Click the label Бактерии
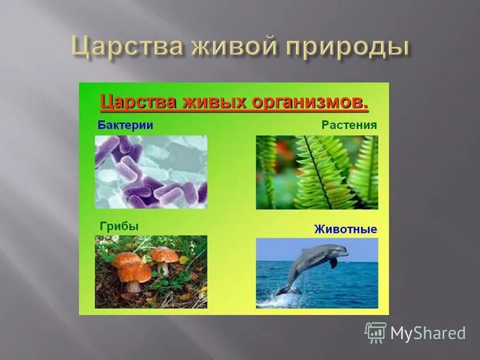pos(125,125)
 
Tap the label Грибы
pos(119,226)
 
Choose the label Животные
pos(345,229)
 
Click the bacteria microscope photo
pos(151,172)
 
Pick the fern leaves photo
pos(317,172)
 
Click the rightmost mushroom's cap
pos(164,254)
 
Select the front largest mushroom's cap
pos(134,272)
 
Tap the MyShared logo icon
pos(376,332)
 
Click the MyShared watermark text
pos(428,333)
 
